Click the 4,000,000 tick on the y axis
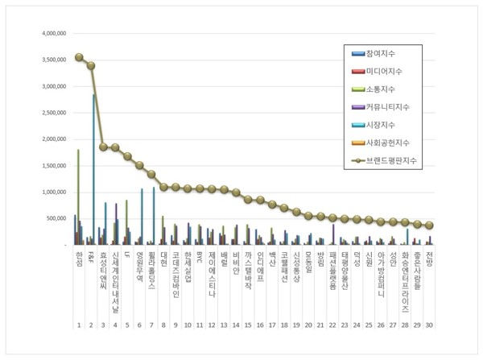(47, 34)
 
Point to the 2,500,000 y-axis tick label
(47, 113)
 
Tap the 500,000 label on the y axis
(51, 218)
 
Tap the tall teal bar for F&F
(93, 169)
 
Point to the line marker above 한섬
(79, 57)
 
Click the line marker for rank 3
(103, 147)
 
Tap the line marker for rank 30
(429, 226)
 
